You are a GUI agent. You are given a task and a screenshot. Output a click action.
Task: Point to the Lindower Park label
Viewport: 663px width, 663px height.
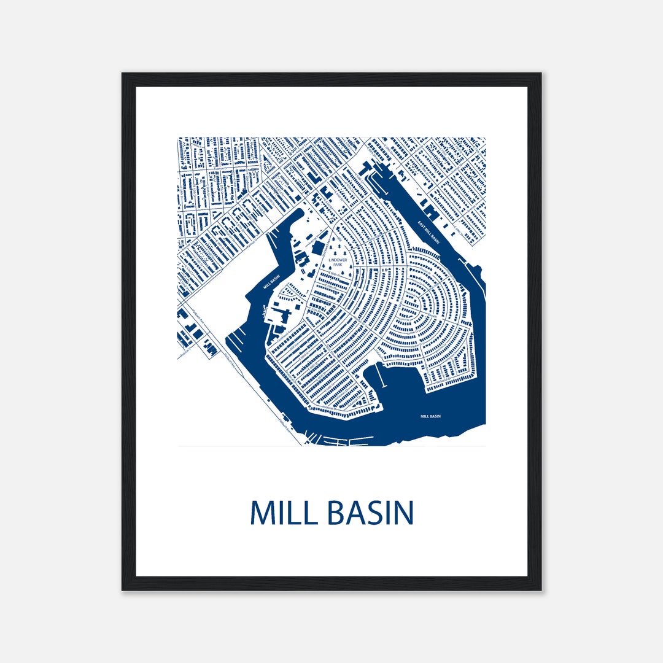tap(337, 262)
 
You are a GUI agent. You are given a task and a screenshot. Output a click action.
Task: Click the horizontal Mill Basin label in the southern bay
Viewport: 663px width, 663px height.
tap(430, 416)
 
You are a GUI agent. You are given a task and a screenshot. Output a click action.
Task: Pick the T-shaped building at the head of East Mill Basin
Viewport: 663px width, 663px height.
tap(366, 167)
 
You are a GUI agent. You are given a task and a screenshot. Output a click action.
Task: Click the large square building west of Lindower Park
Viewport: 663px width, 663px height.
tap(319, 248)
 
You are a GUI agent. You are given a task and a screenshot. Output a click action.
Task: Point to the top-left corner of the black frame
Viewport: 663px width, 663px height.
tap(123, 74)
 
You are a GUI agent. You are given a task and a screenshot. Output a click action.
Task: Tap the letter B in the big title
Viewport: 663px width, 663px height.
tap(337, 513)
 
